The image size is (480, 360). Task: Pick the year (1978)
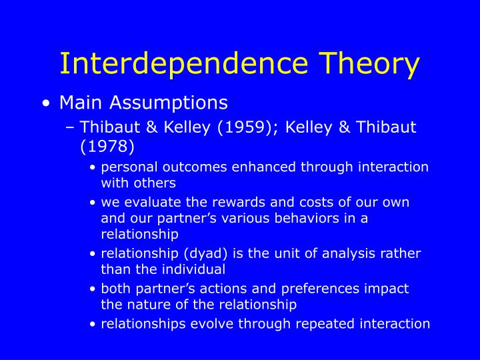[x=107, y=146]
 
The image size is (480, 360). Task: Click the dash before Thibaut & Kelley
[x=70, y=127]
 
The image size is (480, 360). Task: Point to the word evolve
[x=203, y=324]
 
